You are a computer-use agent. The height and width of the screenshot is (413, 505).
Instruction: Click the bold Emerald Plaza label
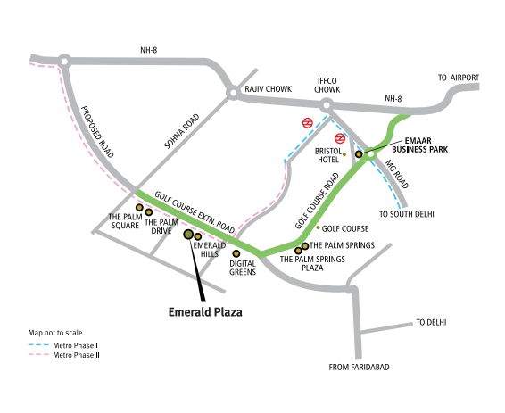[206, 312]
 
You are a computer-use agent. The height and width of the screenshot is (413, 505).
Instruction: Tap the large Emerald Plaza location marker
[188, 235]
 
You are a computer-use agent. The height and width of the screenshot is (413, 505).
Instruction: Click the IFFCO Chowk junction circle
[327, 106]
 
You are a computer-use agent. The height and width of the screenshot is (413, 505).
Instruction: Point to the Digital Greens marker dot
[236, 253]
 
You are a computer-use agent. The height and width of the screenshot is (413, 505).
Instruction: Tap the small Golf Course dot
[318, 228]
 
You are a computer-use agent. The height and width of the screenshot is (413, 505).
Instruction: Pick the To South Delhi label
[406, 214]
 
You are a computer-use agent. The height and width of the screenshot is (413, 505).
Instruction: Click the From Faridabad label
[360, 367]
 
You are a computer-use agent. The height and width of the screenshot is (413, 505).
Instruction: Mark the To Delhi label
[430, 322]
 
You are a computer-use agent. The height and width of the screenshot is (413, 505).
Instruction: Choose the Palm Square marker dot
[139, 207]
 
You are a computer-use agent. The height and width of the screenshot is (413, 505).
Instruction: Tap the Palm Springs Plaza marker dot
[299, 251]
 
